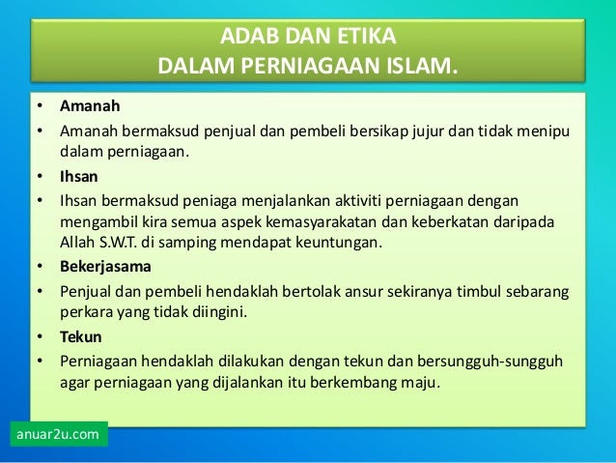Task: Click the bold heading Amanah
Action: (x=90, y=105)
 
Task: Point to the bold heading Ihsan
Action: (x=79, y=176)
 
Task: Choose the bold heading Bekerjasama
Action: (x=105, y=267)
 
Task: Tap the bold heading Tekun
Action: (x=81, y=336)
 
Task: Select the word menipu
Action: (x=544, y=131)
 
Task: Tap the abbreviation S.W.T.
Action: (x=118, y=243)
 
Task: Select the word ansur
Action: (x=364, y=292)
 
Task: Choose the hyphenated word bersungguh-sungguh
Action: (x=490, y=362)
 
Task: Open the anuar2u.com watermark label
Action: (x=58, y=434)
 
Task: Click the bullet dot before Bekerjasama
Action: (x=41, y=267)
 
